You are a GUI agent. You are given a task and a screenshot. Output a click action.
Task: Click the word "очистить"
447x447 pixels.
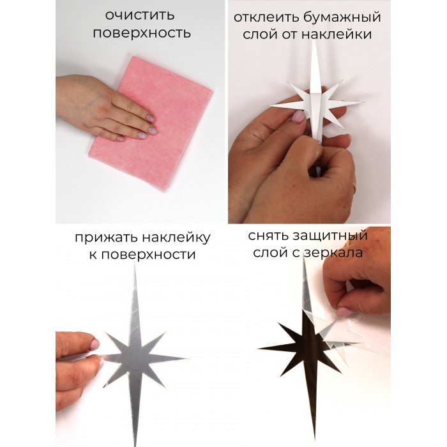[x=140, y=15]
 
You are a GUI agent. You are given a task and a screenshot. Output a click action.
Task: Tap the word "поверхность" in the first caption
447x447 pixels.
[x=142, y=33]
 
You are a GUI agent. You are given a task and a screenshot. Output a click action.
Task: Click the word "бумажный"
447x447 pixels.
[x=342, y=17]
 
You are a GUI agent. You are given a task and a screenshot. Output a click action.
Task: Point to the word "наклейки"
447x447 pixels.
[x=337, y=34]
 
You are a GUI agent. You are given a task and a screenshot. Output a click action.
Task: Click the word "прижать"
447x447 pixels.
[x=106, y=238]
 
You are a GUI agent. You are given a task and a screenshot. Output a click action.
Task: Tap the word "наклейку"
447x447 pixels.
[x=176, y=237]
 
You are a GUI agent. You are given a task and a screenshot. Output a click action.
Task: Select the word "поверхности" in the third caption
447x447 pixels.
[x=148, y=255]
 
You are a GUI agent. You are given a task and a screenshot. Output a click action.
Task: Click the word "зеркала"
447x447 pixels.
[x=332, y=253]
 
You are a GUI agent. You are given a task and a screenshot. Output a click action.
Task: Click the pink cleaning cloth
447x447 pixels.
[x=151, y=123]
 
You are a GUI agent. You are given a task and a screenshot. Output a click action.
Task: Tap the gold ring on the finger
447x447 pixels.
[x=354, y=186]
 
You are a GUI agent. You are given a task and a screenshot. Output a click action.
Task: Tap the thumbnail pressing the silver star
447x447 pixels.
[x=95, y=344]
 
